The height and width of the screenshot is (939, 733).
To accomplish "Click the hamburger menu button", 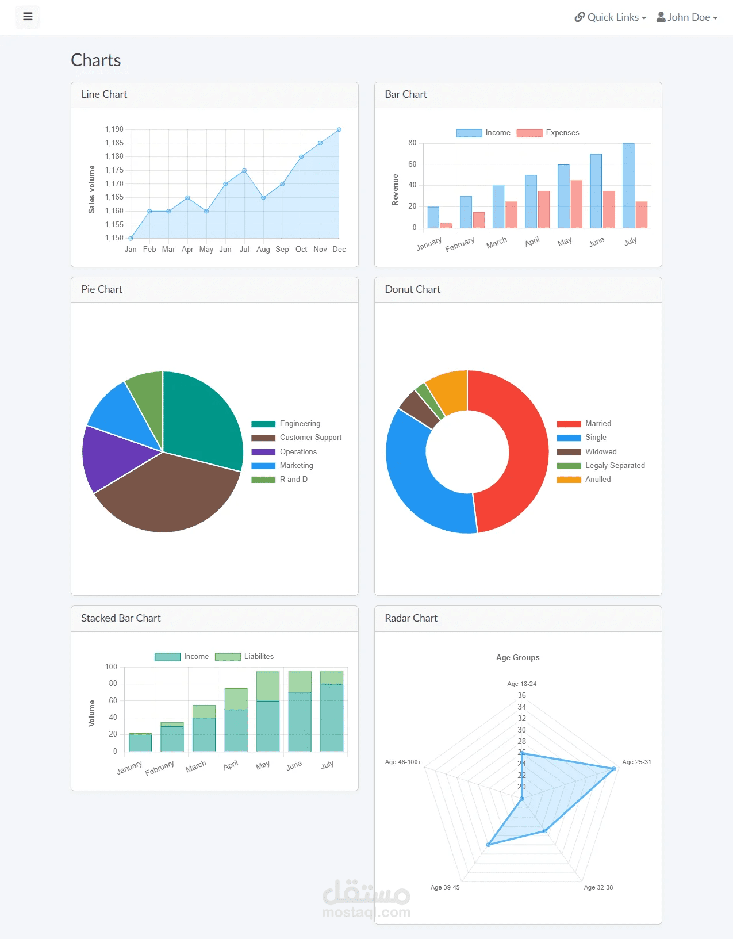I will (28, 17).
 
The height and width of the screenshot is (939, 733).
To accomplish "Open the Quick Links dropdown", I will (611, 17).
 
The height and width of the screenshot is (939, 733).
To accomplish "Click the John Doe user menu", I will (687, 17).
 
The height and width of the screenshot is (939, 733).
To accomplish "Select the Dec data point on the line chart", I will (339, 129).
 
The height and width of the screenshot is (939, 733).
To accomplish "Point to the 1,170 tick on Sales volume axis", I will (114, 183).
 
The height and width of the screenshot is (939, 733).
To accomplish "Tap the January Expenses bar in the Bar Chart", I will (446, 225).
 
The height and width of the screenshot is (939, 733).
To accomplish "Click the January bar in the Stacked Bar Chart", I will (140, 742).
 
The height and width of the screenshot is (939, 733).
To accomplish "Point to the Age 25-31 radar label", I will (636, 762).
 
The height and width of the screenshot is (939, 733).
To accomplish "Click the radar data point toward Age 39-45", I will (489, 844).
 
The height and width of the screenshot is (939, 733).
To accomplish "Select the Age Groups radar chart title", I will (517, 657).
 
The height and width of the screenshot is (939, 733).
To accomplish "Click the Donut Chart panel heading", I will (412, 289).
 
